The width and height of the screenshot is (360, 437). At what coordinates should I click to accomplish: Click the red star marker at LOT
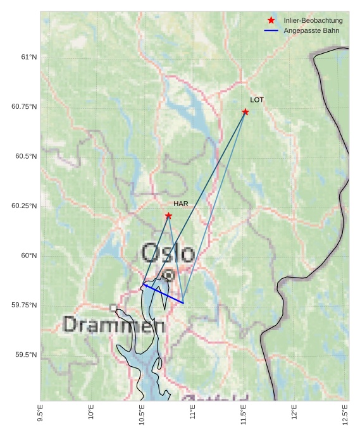(245, 112)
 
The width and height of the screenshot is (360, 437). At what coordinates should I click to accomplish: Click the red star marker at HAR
(168, 216)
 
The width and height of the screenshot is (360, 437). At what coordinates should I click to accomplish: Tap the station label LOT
(257, 100)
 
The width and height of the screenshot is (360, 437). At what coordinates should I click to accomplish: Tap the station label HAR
(181, 204)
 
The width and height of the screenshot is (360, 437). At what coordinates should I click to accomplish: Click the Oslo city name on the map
(168, 253)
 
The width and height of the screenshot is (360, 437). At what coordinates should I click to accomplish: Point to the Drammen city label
(115, 325)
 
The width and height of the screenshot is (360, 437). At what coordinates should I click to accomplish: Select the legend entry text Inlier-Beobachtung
(313, 21)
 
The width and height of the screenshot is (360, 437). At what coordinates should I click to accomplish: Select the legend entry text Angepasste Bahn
(311, 30)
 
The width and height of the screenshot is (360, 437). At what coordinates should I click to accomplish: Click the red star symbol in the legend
(271, 21)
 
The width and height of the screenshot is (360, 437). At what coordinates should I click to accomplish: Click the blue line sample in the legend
(271, 30)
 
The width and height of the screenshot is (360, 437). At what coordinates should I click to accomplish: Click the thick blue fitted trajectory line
(164, 294)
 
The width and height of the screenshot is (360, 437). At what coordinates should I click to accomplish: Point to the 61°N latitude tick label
(28, 57)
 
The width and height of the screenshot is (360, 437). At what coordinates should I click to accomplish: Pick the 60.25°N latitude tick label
(25, 206)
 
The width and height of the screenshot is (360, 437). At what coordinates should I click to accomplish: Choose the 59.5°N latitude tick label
(27, 355)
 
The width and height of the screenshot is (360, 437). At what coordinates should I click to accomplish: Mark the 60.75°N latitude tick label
(25, 106)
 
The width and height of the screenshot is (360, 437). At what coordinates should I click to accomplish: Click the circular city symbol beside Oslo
(168, 275)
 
